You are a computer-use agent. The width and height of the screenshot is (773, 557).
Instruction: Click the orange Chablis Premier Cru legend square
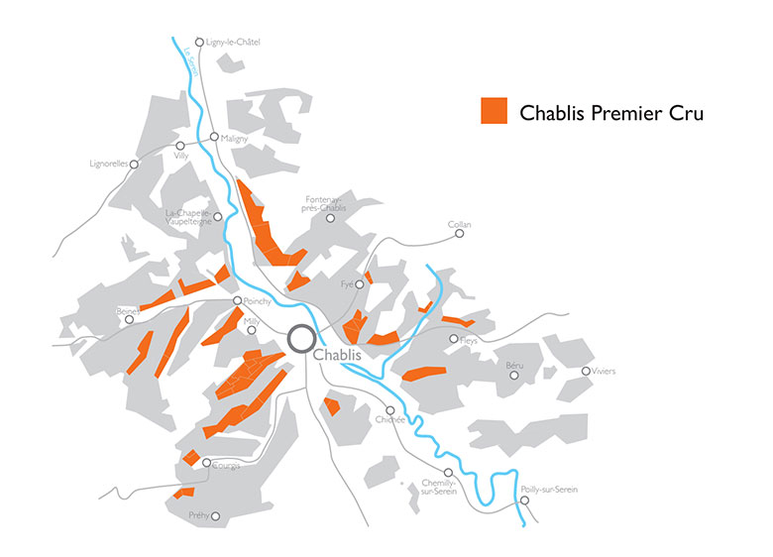coord(494,112)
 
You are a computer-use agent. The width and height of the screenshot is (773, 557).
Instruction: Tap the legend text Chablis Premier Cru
coord(611,113)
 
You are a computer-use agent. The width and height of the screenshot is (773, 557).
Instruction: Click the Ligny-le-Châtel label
coord(238,42)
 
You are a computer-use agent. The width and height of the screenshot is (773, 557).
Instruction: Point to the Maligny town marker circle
coord(214,137)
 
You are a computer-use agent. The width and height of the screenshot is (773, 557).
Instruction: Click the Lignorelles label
coord(108,164)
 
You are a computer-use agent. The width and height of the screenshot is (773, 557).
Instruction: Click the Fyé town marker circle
coord(360,283)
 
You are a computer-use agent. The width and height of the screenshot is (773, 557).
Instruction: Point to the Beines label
coord(127,310)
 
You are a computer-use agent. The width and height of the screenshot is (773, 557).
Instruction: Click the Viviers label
coord(604,372)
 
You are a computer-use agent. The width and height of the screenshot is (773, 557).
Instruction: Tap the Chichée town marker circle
coord(390,409)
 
